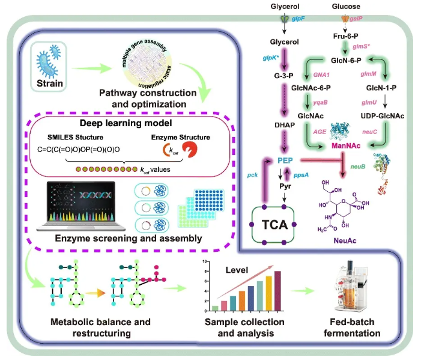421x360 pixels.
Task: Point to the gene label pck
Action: click(x=252, y=174)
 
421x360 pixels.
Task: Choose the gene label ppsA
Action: click(x=301, y=174)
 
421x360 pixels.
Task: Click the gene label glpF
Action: click(x=298, y=19)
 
